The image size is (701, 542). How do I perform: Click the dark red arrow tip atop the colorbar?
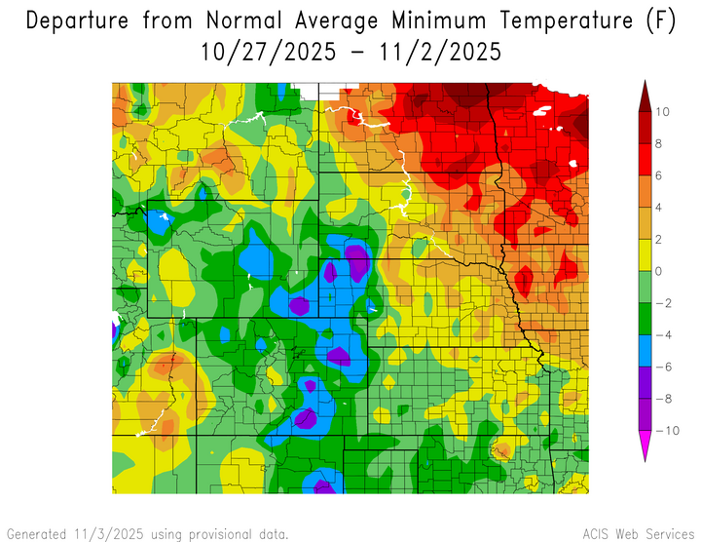(x=645, y=92)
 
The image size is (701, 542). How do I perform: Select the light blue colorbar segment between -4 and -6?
(x=645, y=350)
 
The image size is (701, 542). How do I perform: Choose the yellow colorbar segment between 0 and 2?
(x=645, y=254)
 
